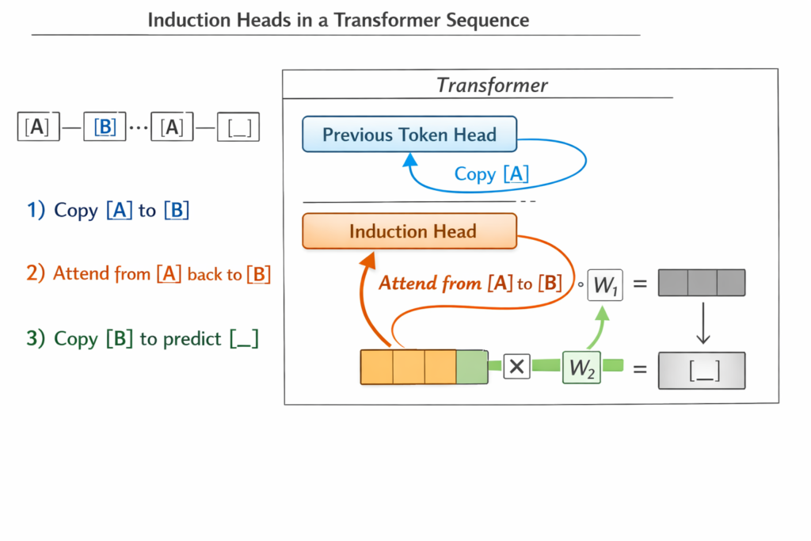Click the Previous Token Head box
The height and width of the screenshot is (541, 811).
pyautogui.click(x=409, y=135)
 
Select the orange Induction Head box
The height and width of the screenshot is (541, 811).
pyautogui.click(x=409, y=231)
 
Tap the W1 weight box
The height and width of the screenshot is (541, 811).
pyautogui.click(x=605, y=285)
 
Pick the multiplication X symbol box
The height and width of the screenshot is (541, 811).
pyautogui.click(x=516, y=367)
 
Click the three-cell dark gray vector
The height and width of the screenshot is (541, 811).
pyautogui.click(x=702, y=283)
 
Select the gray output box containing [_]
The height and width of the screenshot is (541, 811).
pyautogui.click(x=702, y=371)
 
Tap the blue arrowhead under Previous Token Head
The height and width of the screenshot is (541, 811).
pyautogui.click(x=409, y=160)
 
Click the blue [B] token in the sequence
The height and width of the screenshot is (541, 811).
pyautogui.click(x=105, y=127)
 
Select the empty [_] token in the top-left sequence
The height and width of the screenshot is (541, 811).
pyautogui.click(x=238, y=127)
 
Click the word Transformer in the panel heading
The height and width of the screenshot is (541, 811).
pyautogui.click(x=492, y=86)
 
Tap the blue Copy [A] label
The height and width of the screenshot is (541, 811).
pyautogui.click(x=491, y=174)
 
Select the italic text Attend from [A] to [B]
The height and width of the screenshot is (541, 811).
pyautogui.click(x=470, y=284)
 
